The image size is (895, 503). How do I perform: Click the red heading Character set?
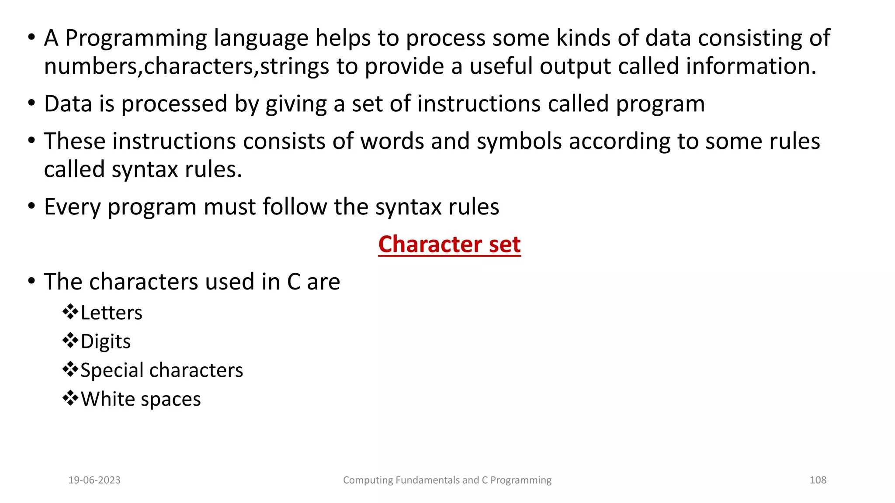point(449,244)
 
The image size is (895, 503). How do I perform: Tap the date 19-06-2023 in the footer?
point(94,480)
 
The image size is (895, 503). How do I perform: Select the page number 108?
point(818,480)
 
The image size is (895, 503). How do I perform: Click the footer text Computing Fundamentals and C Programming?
point(447,480)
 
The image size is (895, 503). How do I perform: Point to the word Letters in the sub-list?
point(111,313)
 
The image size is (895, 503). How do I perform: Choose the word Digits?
point(106,341)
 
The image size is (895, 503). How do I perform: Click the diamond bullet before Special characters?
point(70,369)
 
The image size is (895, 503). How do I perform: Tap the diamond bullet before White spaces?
point(70,398)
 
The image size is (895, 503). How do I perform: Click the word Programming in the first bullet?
point(136,38)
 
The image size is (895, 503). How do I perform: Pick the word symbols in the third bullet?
point(519,141)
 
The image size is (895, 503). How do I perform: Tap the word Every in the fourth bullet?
point(72,207)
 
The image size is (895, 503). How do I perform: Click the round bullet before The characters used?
point(31,281)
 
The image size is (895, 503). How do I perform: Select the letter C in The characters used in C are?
point(294,282)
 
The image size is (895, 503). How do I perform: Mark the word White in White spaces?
point(108,399)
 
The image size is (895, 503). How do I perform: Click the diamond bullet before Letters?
point(70,312)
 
